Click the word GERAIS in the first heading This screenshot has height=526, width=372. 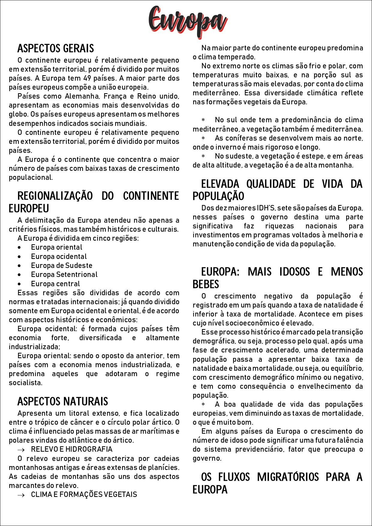point(79,49)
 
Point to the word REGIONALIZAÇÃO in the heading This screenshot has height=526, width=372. point(55,196)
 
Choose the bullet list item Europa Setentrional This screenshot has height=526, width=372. point(64,275)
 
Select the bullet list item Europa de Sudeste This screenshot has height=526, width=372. point(61,266)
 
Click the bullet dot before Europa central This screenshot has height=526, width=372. point(19,284)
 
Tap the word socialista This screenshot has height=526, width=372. point(25,383)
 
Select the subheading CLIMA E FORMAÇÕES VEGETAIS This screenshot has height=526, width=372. point(84,495)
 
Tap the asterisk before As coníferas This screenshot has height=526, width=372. point(203,138)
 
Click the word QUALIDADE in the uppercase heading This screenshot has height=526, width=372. point(271,184)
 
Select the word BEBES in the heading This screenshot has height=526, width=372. point(206,284)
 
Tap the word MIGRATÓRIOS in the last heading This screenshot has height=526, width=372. point(288,477)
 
